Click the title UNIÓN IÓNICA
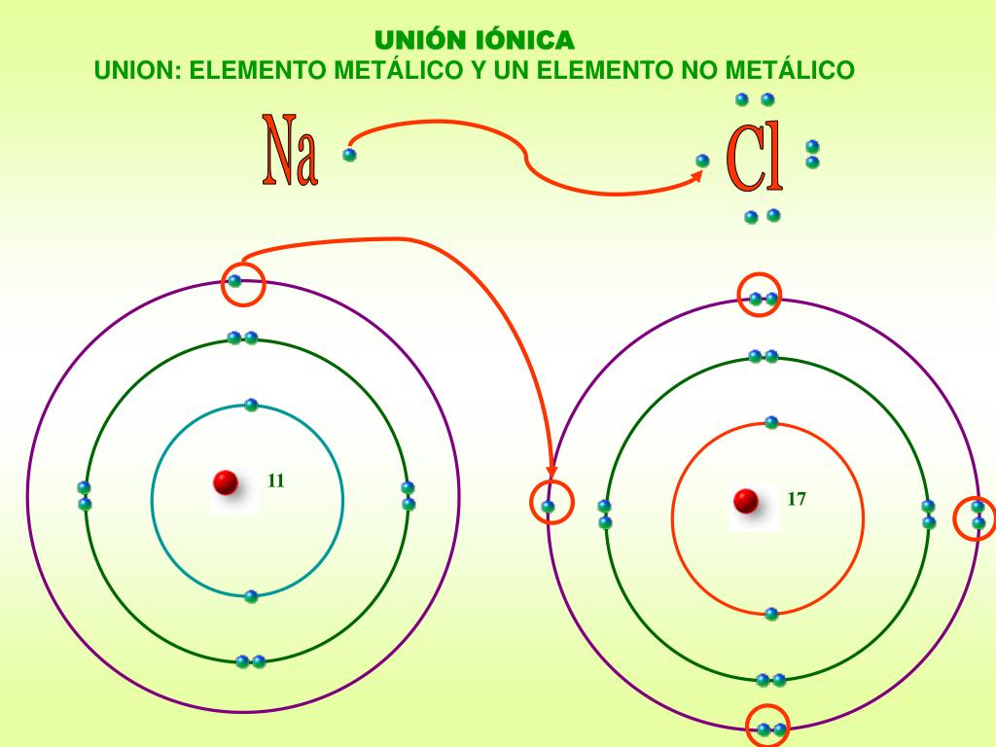(x=475, y=40)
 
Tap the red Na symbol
(x=290, y=151)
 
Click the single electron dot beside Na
(x=349, y=154)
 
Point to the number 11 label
(x=275, y=480)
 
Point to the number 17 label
(x=797, y=500)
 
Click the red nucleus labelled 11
(x=226, y=481)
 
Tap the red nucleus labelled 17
(x=746, y=501)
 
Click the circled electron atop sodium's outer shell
(x=235, y=282)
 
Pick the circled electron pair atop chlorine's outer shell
(x=763, y=299)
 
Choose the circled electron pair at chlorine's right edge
(x=978, y=515)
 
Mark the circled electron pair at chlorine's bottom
(x=771, y=729)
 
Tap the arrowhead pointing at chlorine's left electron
(x=551, y=474)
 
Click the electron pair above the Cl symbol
(x=754, y=99)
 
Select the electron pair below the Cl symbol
(x=762, y=216)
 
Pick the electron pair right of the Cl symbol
(x=812, y=154)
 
